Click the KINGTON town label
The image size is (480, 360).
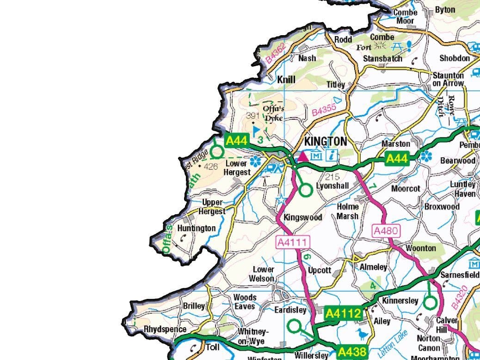(325, 141)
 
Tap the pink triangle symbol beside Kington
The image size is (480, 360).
(303, 156)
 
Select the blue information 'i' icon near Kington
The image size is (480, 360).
(331, 155)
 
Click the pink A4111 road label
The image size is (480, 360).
(293, 242)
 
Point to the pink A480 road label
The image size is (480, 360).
(386, 230)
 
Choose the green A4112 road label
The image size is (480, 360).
(343, 314)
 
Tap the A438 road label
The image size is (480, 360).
(351, 352)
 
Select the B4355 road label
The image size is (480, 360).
(324, 110)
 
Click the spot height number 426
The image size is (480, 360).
(210, 167)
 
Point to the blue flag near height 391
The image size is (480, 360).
(256, 130)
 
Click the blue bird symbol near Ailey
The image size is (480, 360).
(361, 334)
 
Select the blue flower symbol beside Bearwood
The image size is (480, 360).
(425, 156)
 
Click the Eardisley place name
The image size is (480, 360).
(290, 310)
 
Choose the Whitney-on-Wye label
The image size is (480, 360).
(252, 337)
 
